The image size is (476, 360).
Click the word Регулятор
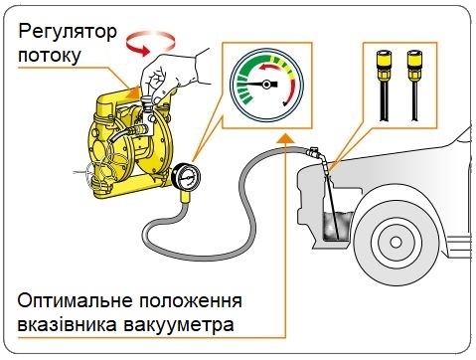(x=68, y=33)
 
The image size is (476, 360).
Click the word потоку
(x=50, y=55)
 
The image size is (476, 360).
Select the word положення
(x=191, y=301)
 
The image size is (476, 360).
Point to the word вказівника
(x=67, y=324)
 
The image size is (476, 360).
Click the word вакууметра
(x=179, y=325)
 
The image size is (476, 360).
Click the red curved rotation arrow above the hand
(x=151, y=43)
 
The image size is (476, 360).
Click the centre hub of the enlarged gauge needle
(x=266, y=85)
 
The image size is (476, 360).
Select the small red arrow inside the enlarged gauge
(x=270, y=67)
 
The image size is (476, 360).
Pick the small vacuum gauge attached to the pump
(x=186, y=177)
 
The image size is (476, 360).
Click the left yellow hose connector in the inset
(x=384, y=65)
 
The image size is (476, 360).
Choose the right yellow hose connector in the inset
(x=414, y=65)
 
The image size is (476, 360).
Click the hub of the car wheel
(x=396, y=243)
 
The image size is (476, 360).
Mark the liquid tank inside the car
(x=336, y=226)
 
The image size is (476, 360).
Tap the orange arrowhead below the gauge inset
(x=285, y=139)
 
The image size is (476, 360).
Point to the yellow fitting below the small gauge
(x=186, y=197)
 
